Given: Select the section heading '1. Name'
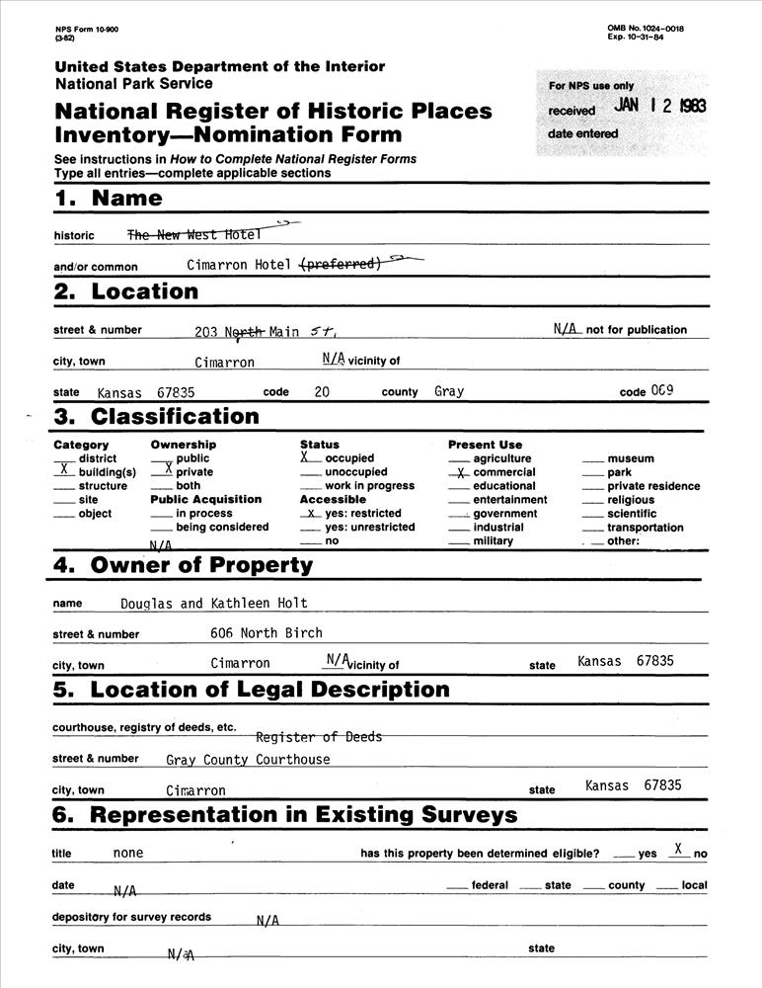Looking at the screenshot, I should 109,198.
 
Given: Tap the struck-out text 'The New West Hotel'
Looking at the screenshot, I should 193,234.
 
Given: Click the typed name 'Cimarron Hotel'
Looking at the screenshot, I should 239,265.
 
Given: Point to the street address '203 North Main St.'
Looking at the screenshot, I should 266,332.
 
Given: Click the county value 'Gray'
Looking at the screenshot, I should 449,391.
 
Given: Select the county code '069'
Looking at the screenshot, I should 662,391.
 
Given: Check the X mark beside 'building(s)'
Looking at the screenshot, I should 63,472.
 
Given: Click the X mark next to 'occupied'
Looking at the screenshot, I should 306,457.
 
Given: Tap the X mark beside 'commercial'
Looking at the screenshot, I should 460,473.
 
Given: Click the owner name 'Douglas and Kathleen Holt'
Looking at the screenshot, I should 214,603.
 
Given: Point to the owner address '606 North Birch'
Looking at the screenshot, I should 267,632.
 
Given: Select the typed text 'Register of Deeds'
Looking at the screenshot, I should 318,737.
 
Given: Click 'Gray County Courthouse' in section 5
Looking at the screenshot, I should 248,760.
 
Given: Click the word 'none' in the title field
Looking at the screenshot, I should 128,853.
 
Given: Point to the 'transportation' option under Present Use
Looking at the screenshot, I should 646,528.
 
